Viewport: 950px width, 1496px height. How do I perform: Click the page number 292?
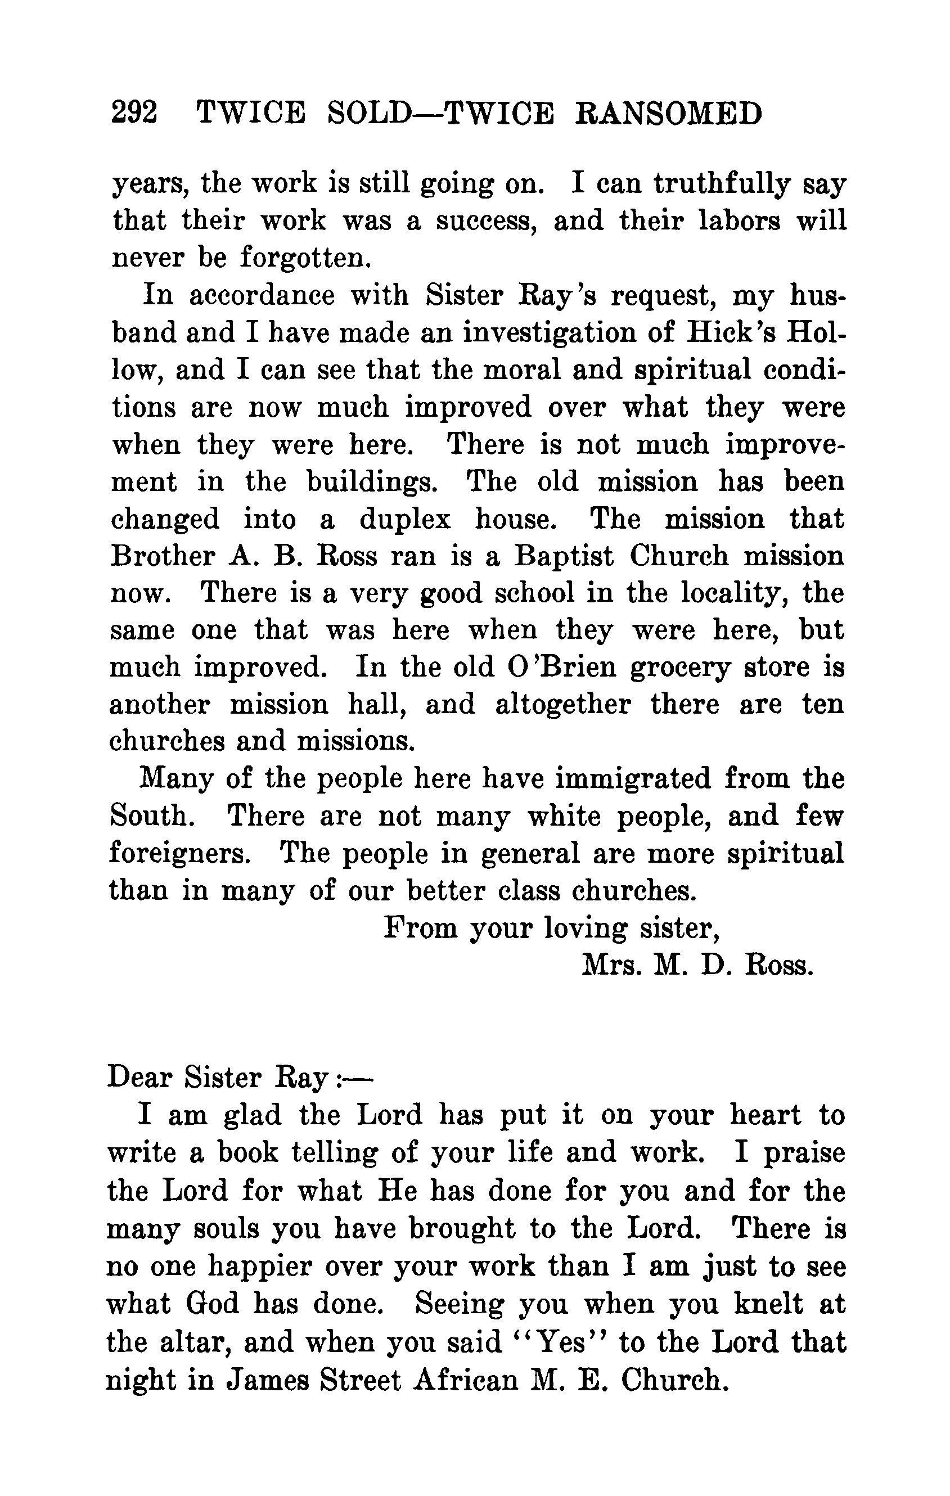[134, 114]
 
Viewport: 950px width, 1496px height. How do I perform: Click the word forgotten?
[305, 257]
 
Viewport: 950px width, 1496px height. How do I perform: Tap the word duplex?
[405, 519]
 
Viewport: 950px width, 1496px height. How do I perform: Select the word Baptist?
[564, 556]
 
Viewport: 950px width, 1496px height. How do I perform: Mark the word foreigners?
[179, 853]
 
